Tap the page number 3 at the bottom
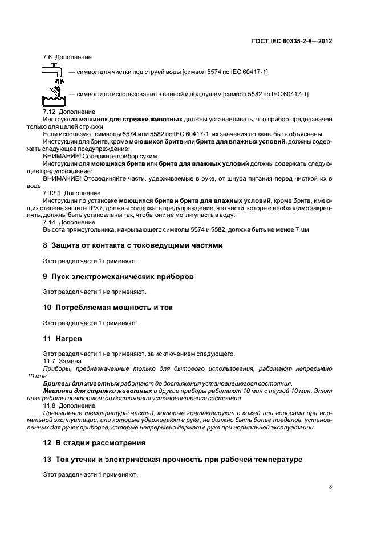[331, 486]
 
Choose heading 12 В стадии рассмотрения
[94, 442]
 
